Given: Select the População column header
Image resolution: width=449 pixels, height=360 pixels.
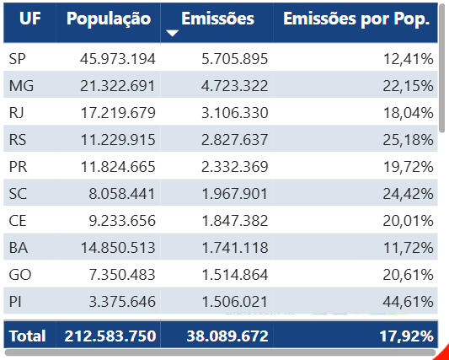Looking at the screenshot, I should coord(109,19).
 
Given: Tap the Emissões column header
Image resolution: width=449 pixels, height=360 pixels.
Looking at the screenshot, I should coord(217,19).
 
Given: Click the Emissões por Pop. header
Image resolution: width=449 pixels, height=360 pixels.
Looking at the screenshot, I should coord(356,19).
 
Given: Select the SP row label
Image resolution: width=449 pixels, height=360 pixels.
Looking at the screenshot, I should coord(18,58).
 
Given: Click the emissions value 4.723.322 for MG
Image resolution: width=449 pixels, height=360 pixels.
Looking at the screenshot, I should coord(229,85).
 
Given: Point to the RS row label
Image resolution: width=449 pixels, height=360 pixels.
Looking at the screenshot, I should coord(18,139).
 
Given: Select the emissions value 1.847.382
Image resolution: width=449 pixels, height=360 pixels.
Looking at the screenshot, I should coord(229,220).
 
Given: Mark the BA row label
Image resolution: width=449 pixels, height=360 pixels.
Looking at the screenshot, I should coord(18,247).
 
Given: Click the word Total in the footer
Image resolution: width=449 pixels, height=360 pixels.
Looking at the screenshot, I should coord(27,336).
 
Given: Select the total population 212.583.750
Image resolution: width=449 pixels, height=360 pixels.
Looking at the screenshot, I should coord(110,336).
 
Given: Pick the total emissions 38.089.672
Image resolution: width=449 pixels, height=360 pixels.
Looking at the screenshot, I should coord(225,336).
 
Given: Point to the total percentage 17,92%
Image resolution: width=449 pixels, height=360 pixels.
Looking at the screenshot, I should coord(407,336).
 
